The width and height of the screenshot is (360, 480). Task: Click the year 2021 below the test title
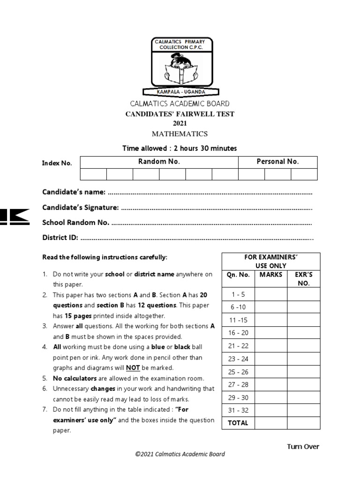(180, 123)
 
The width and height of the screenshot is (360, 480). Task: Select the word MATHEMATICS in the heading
(180, 134)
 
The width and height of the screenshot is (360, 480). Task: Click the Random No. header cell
(159, 162)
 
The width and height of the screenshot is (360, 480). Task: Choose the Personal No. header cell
(277, 162)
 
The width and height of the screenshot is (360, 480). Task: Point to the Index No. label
(57, 163)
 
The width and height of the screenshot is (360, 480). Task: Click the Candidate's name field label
(75, 193)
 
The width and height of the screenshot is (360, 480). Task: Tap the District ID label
(60, 237)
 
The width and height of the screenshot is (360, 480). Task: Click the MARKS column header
(271, 275)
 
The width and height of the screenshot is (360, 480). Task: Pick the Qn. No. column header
(238, 275)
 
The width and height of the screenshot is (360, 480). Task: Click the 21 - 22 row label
(238, 345)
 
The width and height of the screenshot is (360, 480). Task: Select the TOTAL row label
(238, 423)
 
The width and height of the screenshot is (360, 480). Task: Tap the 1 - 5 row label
(238, 294)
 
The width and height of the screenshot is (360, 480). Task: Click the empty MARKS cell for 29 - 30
(271, 397)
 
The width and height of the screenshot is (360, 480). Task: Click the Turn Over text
(303, 446)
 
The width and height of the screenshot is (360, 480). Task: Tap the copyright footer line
(180, 454)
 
